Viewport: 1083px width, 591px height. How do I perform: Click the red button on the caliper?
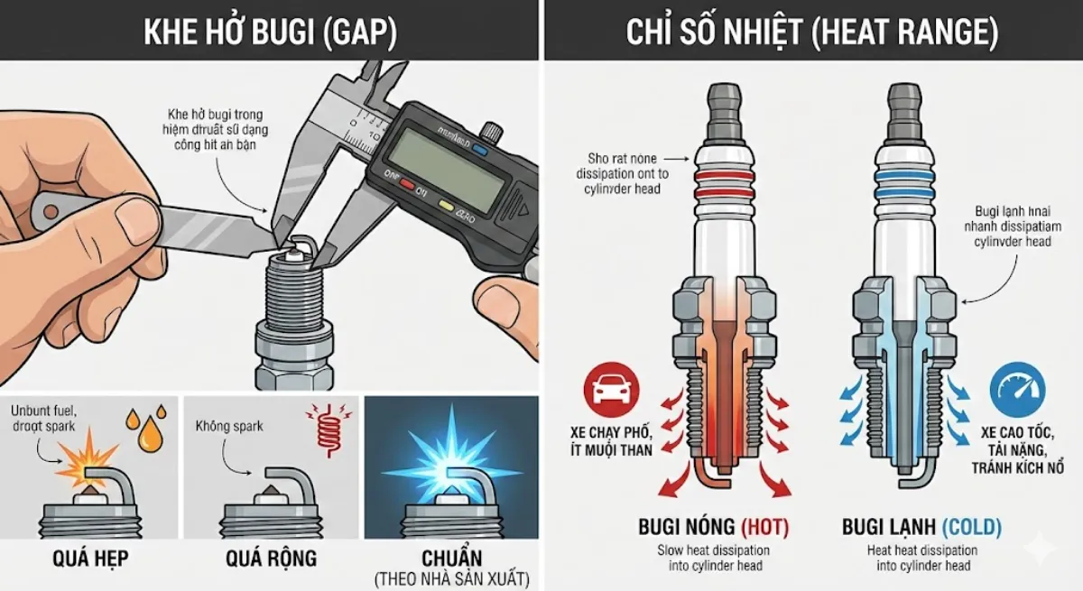[x=408, y=186]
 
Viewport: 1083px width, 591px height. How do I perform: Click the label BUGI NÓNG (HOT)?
[x=713, y=527]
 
